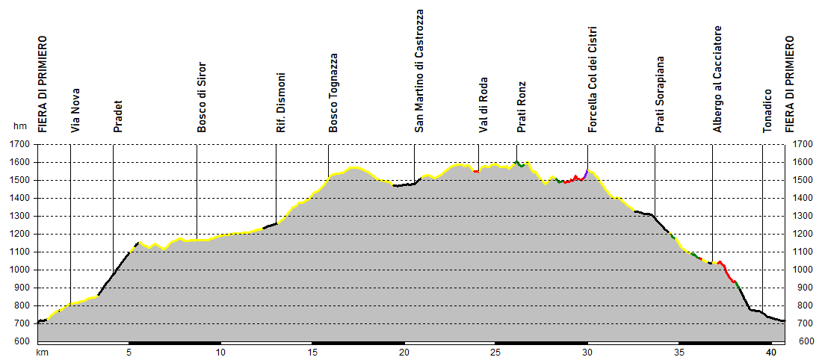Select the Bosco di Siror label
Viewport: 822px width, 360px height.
pos(201,103)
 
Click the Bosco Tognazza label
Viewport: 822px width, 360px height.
pos(333,93)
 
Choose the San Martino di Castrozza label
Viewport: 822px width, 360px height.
pos(419,71)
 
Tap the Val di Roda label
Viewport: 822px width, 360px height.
pos(483,105)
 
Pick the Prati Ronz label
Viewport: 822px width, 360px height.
pos(522,107)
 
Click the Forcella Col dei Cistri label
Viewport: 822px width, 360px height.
pos(592,78)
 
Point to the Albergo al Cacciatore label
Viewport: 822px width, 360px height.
pos(717,79)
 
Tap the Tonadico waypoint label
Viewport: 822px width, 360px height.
pos(767,111)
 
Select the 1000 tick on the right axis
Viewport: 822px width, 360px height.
pos(802,270)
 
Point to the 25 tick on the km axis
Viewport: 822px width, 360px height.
pos(495,351)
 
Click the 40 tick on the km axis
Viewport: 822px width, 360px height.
pos(770,351)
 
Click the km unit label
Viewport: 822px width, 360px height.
pos(43,351)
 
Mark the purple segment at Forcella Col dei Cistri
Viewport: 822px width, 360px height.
pos(587,173)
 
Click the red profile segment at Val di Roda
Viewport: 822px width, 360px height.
pos(476,171)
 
